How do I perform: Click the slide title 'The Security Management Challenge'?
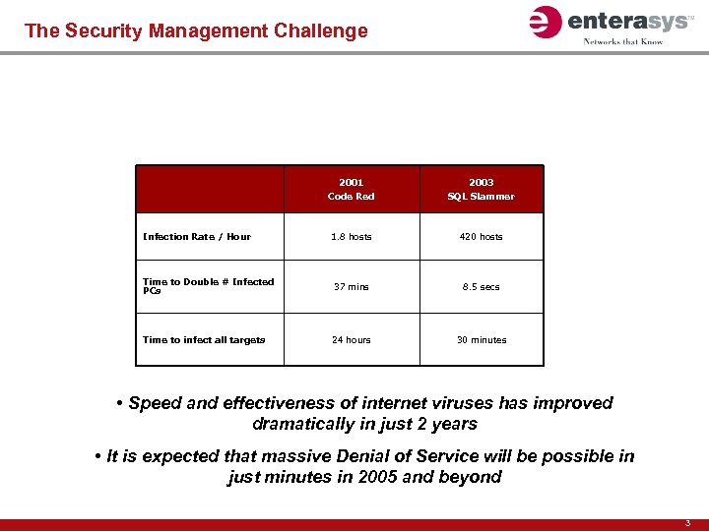pos(196,30)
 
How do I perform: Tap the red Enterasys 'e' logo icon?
pos(545,22)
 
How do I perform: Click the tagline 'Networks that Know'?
pos(623,41)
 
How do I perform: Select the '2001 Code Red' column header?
pos(351,189)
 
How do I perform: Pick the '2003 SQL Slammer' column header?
pos(481,189)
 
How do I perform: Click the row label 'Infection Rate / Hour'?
pos(197,236)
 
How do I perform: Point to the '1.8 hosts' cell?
pos(351,236)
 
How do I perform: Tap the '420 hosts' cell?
pos(481,236)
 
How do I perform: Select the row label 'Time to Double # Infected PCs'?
pos(208,286)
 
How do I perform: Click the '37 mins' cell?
pos(351,287)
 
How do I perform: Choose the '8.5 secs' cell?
pos(481,287)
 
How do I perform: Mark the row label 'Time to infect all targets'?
pos(204,340)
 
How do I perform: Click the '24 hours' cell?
pos(351,340)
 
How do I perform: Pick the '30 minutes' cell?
pos(481,340)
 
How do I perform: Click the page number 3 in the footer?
pos(689,524)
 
